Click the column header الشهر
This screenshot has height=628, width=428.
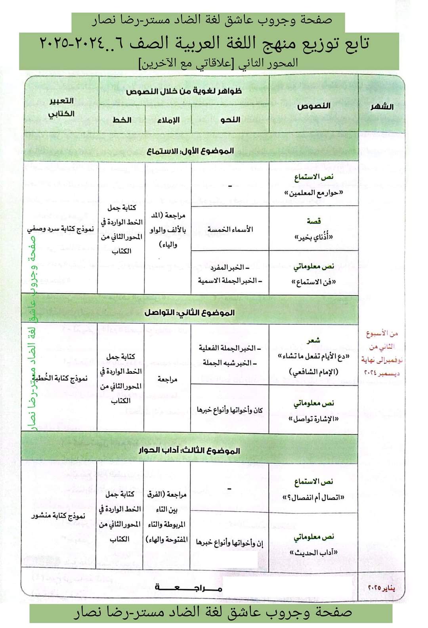pos(382,107)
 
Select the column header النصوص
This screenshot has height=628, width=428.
pos(313,106)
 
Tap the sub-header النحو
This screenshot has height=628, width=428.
pos(230,120)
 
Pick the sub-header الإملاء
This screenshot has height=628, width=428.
pos(168,120)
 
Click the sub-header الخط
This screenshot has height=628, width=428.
pos(122,120)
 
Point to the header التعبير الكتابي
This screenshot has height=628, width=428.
pos(61,107)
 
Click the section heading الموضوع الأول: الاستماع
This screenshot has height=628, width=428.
pos(191,151)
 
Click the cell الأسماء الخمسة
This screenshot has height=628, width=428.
pos(230,229)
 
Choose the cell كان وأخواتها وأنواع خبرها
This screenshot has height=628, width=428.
pos(229,410)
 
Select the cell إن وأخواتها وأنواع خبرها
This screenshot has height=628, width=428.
pos(229,543)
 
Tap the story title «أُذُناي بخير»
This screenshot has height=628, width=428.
pos(313,237)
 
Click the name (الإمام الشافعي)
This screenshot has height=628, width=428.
pos(313,372)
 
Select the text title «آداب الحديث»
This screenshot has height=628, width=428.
pos(313,552)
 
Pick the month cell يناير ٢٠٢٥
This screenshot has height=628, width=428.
pos(382,588)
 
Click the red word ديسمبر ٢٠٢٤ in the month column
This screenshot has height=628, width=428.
pos(382,373)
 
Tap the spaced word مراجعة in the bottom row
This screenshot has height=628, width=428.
pos(189,588)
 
